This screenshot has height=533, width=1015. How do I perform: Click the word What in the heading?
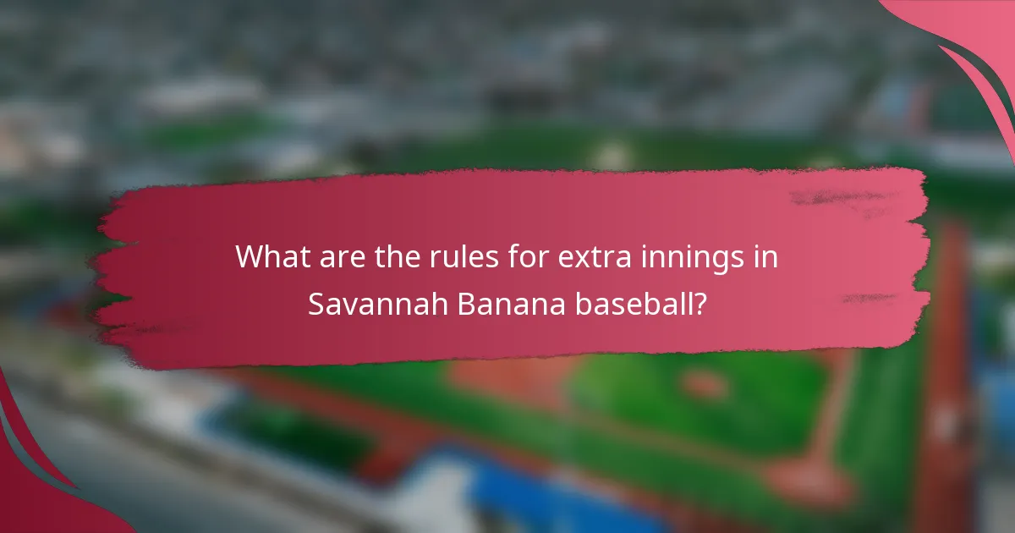(x=269, y=256)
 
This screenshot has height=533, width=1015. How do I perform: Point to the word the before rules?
(x=389, y=256)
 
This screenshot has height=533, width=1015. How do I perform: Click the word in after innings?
(x=766, y=256)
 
